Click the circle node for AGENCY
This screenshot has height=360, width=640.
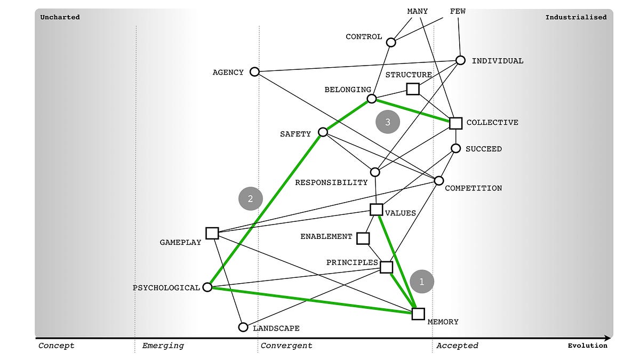click(255, 71)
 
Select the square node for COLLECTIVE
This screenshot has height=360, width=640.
click(455, 123)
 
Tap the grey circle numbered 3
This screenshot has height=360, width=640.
click(388, 122)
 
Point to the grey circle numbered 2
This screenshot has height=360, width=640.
click(251, 198)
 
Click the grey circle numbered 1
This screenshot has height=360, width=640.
click(421, 282)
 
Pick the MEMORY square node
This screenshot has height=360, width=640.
click(418, 314)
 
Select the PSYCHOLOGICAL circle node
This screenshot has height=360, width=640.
click(208, 287)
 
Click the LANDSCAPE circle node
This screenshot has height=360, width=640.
click(243, 327)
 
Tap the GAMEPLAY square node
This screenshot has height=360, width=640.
click(212, 233)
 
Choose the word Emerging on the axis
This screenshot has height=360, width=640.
click(163, 346)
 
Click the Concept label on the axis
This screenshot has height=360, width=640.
click(56, 346)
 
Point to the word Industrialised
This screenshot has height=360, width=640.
click(575, 17)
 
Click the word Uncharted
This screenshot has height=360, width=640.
click(60, 17)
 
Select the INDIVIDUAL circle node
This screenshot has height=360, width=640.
click(461, 60)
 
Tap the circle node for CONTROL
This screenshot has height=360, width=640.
click(391, 42)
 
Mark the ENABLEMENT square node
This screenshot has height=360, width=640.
click(363, 238)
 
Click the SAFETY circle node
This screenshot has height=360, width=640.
click(323, 132)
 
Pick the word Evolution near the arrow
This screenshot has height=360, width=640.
click(587, 346)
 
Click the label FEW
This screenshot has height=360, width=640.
click(458, 11)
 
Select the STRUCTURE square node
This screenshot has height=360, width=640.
click(413, 89)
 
